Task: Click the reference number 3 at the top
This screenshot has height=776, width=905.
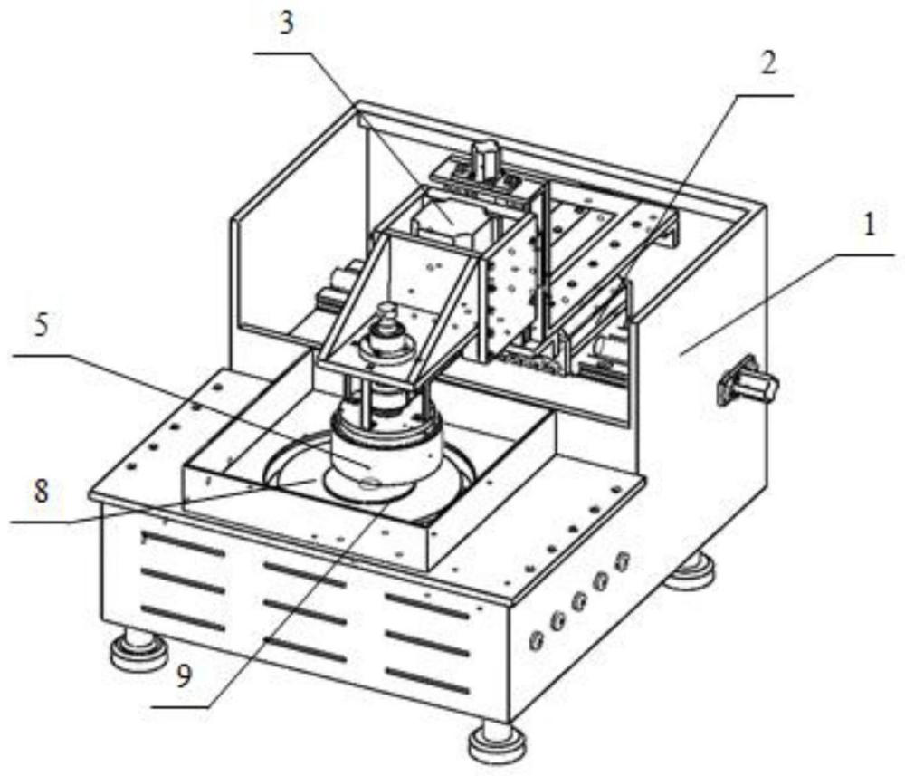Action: (x=287, y=24)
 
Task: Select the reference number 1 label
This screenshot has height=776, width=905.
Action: (x=869, y=225)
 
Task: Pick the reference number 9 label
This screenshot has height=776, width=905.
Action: (x=183, y=676)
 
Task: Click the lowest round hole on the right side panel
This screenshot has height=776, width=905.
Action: (x=537, y=640)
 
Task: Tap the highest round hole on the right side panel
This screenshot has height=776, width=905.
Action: (x=622, y=560)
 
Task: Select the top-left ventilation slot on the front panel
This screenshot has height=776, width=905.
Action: (x=183, y=543)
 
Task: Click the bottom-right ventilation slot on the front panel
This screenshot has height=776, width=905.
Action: (x=428, y=681)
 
